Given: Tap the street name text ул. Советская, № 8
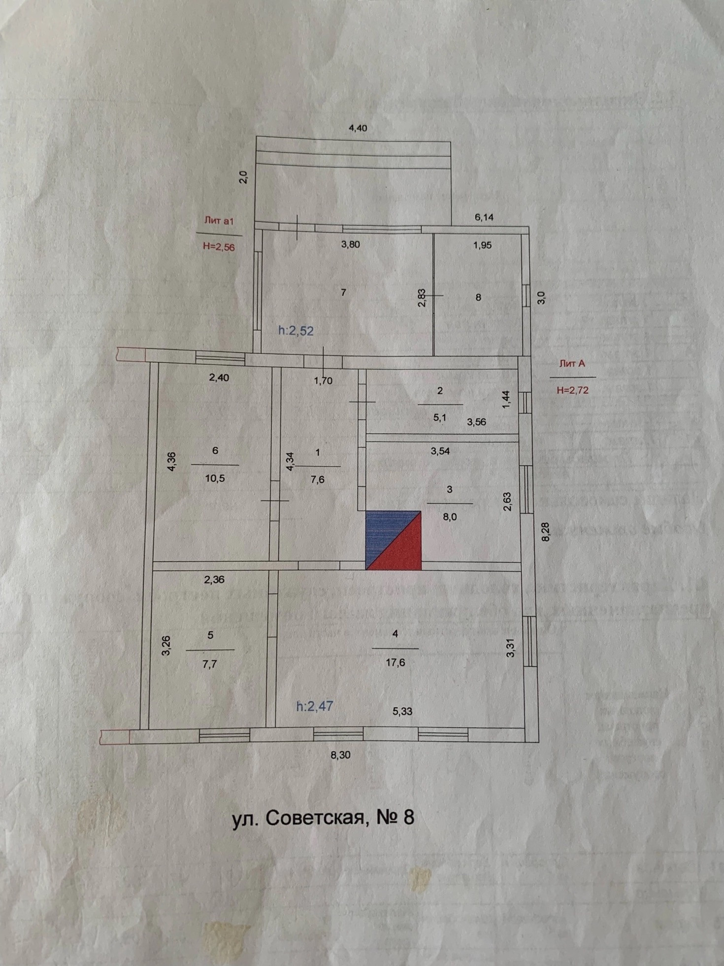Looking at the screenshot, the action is click(x=323, y=818).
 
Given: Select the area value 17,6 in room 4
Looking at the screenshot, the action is click(x=395, y=663).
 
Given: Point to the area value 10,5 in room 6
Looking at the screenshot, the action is click(x=215, y=478).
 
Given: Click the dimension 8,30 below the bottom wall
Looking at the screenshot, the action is click(x=340, y=755).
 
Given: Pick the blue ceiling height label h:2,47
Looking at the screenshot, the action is click(x=315, y=706).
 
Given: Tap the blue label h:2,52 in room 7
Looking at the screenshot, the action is click(x=296, y=331).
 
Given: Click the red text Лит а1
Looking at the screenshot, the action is click(x=219, y=221).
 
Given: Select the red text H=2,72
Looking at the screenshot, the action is click(x=572, y=390).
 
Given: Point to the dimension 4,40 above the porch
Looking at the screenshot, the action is click(x=358, y=128).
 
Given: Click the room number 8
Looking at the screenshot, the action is click(x=478, y=297).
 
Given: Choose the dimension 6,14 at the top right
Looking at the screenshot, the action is click(x=484, y=217).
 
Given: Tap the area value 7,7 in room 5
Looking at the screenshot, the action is click(x=209, y=664).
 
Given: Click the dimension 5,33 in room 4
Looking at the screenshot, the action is click(x=402, y=711).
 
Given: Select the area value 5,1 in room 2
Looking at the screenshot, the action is click(x=440, y=418).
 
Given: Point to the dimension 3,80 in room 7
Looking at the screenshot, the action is click(x=350, y=244).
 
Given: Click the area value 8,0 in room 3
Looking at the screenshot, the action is click(x=450, y=517).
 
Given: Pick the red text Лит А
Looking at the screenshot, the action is click(x=572, y=364).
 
